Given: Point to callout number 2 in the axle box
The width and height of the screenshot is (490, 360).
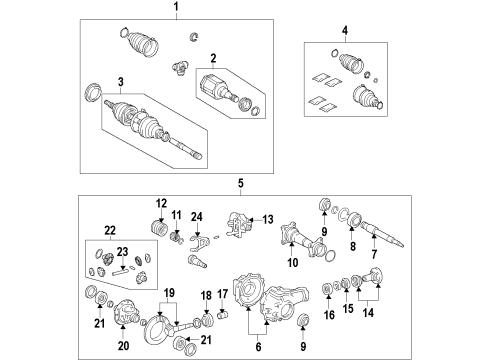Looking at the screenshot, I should (213, 59).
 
